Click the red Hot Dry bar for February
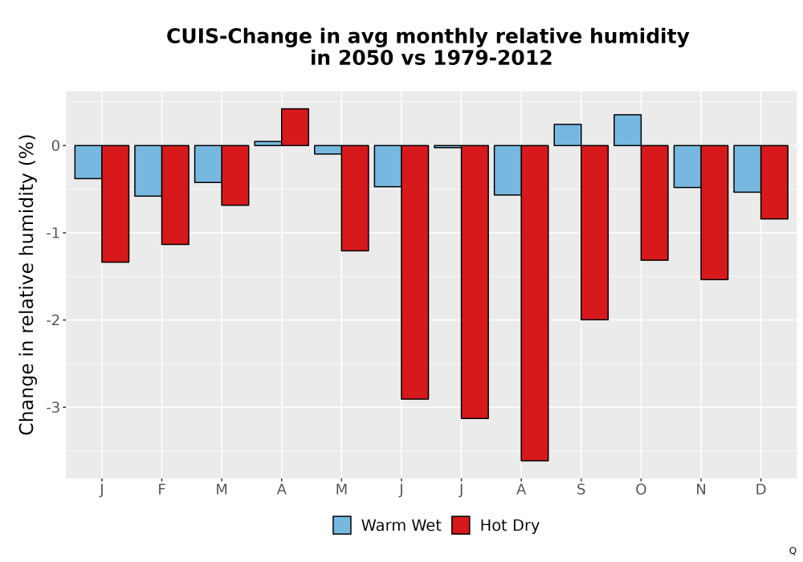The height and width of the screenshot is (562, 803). coord(175,194)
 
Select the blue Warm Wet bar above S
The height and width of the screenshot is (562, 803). coord(568,135)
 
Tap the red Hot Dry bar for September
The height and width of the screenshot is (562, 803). coord(594,232)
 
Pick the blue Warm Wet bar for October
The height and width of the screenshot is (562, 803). coord(627,130)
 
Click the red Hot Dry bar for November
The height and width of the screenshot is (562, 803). coord(715,213)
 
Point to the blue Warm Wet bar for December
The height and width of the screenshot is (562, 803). coord(747,169)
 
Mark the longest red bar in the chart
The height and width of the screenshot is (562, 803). coord(535,303)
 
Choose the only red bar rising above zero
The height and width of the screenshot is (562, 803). coord(295,127)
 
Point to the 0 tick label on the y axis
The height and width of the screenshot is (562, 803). coord(56,146)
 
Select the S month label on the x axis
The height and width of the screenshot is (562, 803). coord(581,490)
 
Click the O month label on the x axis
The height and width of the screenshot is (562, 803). coord(641,490)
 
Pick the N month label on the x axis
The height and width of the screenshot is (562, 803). coord(700,490)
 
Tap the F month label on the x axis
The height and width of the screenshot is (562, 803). coord(162,490)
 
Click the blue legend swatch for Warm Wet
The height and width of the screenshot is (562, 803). coord(342,525)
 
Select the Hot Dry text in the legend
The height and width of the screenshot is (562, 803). coord(510,526)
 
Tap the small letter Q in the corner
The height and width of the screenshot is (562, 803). coord(793,551)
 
